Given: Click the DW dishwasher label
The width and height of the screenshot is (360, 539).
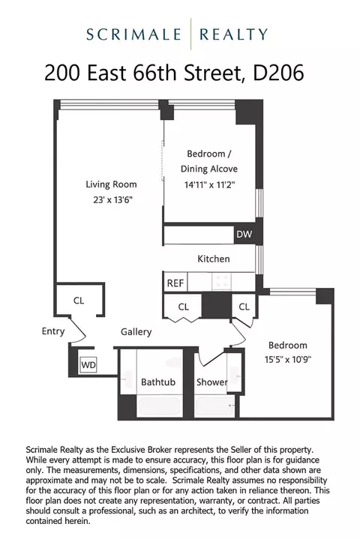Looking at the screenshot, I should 244,235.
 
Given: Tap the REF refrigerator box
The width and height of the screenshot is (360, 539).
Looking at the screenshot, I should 175,283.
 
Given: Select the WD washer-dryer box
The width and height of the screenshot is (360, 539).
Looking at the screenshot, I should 88,365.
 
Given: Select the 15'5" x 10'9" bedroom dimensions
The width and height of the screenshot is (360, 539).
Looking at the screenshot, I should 288,359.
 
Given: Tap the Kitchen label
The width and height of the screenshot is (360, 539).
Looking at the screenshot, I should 213,259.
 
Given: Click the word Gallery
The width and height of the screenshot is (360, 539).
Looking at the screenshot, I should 136,331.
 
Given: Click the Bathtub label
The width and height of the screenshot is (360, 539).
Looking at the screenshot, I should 158,382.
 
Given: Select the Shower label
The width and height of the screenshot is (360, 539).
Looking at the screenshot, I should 212,382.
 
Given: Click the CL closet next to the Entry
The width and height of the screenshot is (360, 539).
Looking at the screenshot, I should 79,301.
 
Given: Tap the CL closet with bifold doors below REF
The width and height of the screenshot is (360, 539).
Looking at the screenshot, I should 184,307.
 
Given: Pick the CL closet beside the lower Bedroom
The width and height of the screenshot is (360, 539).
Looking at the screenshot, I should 244,307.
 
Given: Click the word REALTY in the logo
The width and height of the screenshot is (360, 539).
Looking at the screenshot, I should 235,34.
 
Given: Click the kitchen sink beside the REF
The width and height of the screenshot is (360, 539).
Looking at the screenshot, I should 222,282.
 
